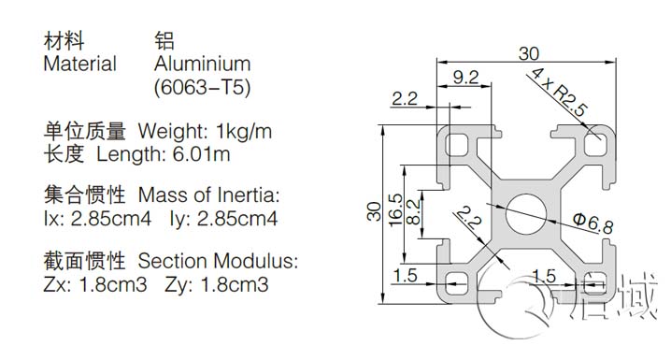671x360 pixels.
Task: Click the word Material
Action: (x=80, y=65)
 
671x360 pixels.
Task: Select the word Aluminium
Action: (x=202, y=65)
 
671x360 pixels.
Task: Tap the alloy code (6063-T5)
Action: (x=202, y=89)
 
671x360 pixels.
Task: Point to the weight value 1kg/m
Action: (x=244, y=129)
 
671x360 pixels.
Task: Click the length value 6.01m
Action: (x=203, y=152)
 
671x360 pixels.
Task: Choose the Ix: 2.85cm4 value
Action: (x=97, y=220)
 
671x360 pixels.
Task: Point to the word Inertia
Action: (x=246, y=196)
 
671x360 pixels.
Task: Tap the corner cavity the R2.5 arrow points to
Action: (x=594, y=144)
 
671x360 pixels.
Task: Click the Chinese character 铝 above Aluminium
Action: (x=164, y=41)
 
